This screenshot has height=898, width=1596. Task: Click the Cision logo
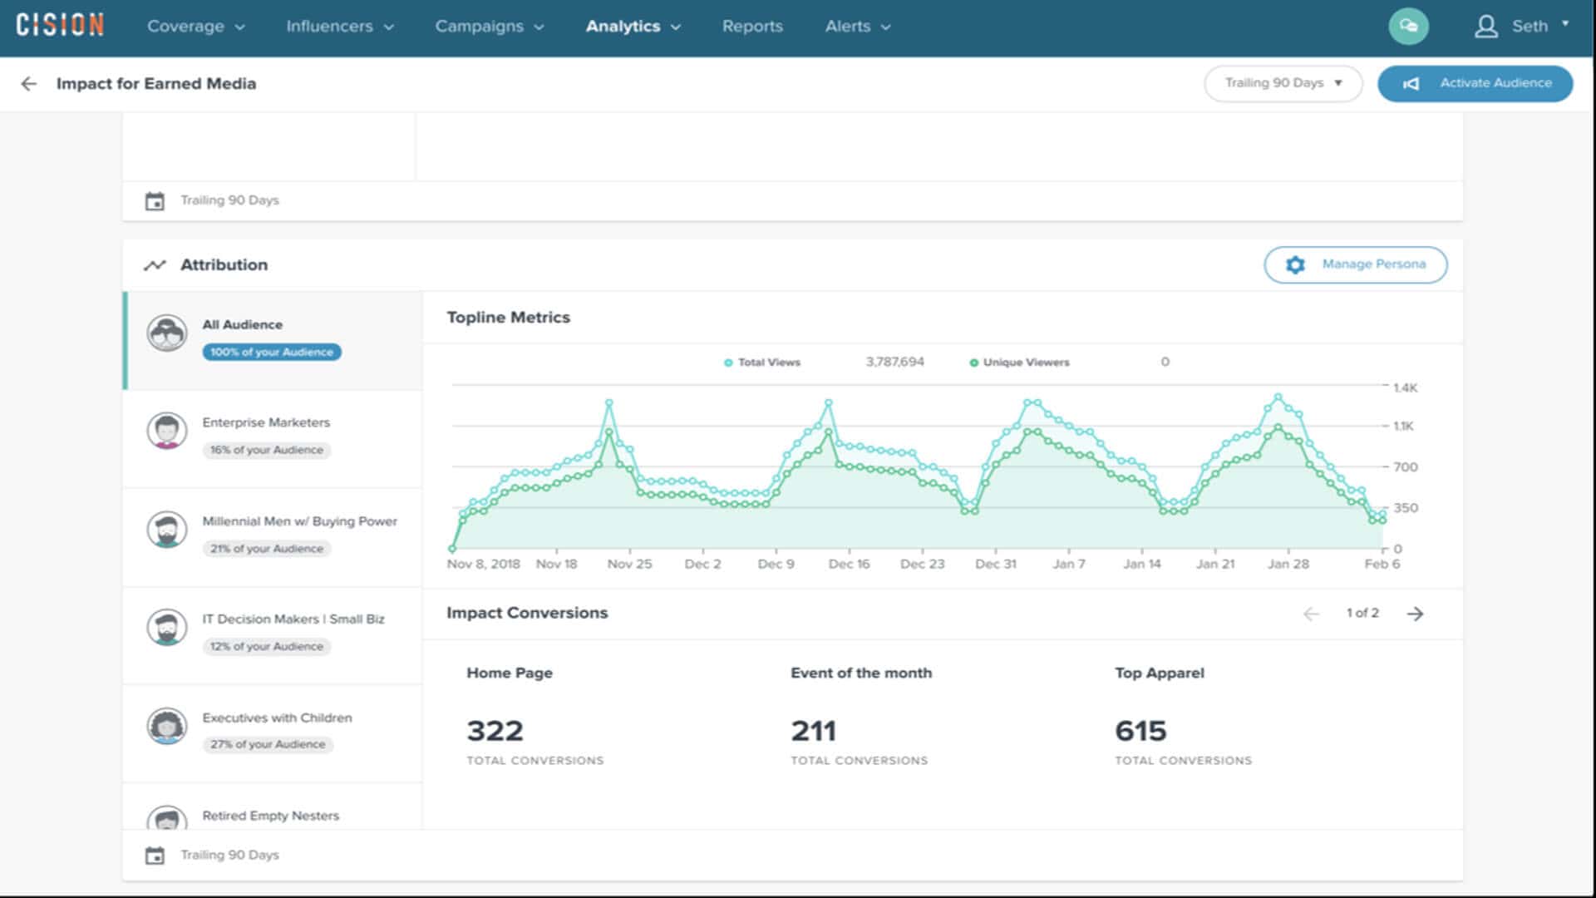pos(60,26)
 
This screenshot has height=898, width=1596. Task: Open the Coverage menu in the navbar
pos(195,27)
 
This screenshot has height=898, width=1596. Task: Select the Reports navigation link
pos(752,27)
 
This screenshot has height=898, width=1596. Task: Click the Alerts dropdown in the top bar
pos(857,27)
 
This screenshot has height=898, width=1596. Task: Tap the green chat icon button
pos(1408,27)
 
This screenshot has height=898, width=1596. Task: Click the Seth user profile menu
pos(1521,27)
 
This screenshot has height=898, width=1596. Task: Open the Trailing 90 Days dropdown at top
pos(1283,83)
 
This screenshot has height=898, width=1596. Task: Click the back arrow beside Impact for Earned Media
pos(29,84)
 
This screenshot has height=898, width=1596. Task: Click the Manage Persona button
pos(1355,264)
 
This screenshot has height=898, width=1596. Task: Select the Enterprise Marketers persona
pos(266,422)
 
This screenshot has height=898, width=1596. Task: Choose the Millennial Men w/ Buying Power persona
pos(299,521)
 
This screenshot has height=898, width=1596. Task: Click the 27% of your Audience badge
pos(267,744)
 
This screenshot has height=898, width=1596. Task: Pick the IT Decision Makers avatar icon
pos(167,628)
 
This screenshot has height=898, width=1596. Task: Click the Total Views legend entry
pos(762,363)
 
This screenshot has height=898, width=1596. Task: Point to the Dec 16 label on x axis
pos(849,564)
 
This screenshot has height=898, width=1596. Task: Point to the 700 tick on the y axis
pos(1405,467)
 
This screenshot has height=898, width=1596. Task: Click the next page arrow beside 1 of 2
pos(1415,614)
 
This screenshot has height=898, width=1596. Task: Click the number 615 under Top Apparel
pos(1140,731)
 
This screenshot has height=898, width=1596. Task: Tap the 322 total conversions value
pos(495,731)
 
